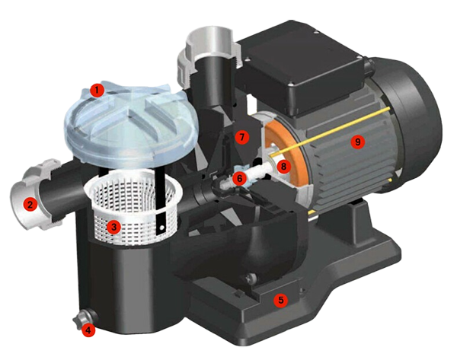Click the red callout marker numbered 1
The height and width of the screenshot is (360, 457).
97,91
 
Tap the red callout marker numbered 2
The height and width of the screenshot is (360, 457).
30,204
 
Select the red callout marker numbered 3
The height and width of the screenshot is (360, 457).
113,227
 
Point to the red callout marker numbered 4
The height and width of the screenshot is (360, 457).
88,330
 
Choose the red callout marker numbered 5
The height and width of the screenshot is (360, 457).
280,300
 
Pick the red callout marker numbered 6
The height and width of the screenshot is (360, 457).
239,178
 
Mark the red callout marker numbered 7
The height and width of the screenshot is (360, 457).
242,136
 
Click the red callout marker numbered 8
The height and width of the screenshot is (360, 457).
284,167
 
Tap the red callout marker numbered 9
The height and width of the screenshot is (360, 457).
358,142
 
